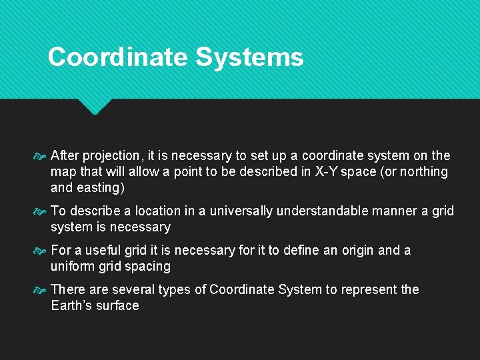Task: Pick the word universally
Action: pyautogui.click(x=241, y=211)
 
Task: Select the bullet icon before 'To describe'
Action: pyautogui.click(x=39, y=212)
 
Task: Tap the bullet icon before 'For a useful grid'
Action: pyautogui.click(x=39, y=251)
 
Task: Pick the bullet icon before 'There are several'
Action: pyautogui.click(x=39, y=291)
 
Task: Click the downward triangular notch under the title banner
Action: pyautogui.click(x=93, y=105)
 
